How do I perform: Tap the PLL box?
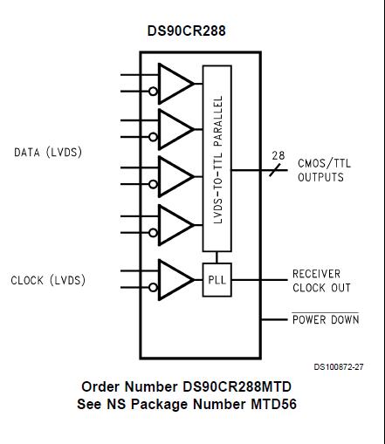point(216,280)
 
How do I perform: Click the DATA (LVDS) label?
point(48,153)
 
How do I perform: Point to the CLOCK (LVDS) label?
point(48,281)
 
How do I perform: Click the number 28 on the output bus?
point(278,156)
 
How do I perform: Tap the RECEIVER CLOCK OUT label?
point(321,280)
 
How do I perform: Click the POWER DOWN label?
point(325,320)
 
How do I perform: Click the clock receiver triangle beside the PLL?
point(174,279)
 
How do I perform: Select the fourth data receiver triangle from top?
point(174,223)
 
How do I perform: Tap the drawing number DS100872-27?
point(338,367)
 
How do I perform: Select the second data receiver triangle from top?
point(174,129)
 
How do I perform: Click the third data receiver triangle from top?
point(174,176)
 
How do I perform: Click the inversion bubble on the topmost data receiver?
point(153,91)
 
